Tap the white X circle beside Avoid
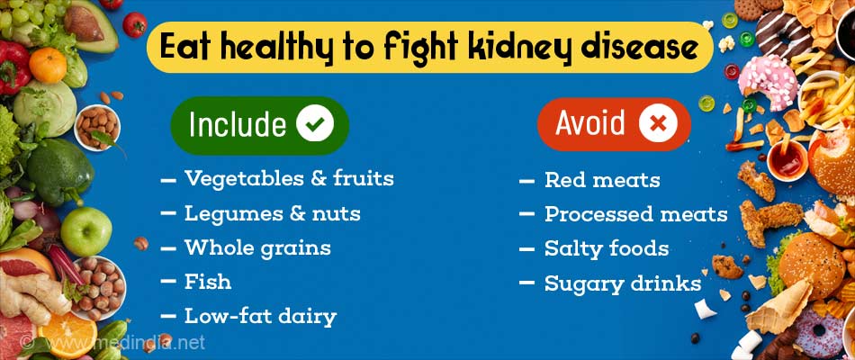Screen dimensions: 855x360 (x=658, y=123)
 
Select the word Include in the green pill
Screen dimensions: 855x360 (x=238, y=124)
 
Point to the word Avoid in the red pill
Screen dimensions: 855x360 (x=590, y=122)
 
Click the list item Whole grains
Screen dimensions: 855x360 (x=257, y=248)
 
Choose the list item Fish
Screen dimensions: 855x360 (x=207, y=282)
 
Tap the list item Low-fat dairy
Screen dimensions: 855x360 (x=260, y=317)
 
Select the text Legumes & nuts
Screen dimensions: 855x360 (x=272, y=214)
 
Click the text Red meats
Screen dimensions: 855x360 (x=602, y=180)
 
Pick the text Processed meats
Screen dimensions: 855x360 (x=635, y=214)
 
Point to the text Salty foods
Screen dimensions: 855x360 (x=607, y=248)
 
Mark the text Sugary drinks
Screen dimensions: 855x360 (x=623, y=283)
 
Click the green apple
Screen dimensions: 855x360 (x=86, y=231)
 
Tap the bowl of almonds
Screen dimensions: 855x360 (x=96, y=127)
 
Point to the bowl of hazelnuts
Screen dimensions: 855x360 (x=99, y=287)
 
